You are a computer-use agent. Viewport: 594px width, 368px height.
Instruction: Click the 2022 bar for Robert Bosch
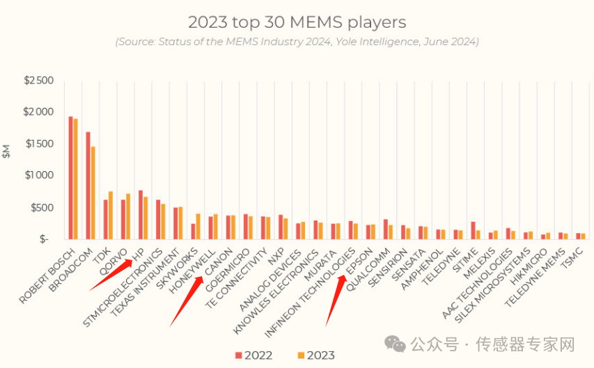[x=71, y=178]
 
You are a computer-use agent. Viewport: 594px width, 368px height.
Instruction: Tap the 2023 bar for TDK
[x=111, y=215]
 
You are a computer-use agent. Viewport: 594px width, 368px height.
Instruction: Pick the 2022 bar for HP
[x=141, y=215]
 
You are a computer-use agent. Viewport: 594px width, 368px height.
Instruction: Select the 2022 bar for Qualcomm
[x=386, y=230]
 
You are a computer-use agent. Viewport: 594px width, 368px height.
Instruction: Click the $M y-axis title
[x=7, y=152]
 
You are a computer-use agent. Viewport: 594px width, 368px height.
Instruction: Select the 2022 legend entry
[x=253, y=355]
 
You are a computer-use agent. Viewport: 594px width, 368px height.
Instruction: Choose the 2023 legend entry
[x=315, y=355]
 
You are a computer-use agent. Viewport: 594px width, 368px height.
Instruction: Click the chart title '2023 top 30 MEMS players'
[x=297, y=22]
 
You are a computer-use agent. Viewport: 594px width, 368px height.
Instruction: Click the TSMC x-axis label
[x=575, y=255]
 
